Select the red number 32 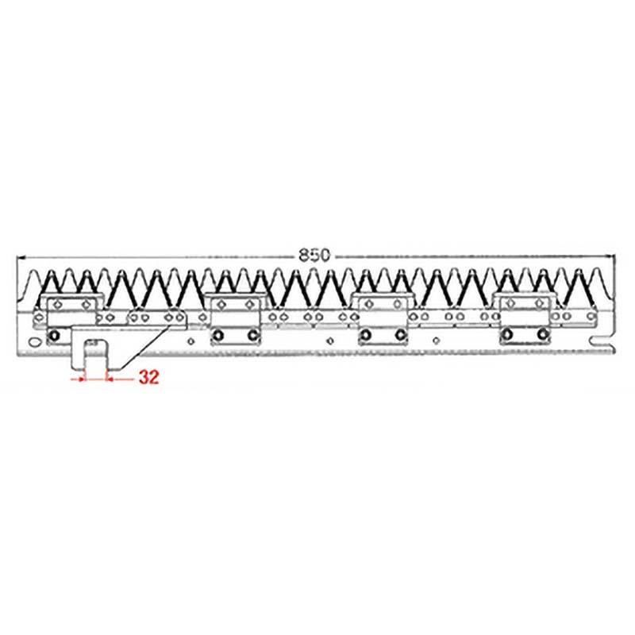(148, 379)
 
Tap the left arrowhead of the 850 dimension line (21, 257)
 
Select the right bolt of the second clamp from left (252, 336)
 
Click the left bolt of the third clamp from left (364, 336)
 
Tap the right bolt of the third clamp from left (398, 336)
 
